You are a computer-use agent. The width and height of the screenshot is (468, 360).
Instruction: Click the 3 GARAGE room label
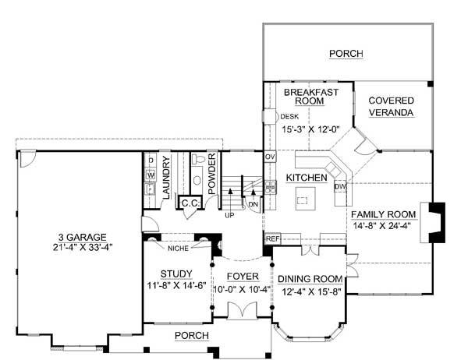click(x=83, y=237)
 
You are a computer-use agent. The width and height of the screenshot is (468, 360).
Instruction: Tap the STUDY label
click(x=176, y=274)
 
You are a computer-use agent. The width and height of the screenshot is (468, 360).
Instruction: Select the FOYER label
click(x=243, y=277)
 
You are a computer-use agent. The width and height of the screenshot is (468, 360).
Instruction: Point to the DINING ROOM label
click(x=310, y=279)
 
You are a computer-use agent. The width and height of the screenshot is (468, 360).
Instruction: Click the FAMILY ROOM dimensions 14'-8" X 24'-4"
click(x=382, y=226)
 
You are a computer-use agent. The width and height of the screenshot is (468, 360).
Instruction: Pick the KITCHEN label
click(x=307, y=178)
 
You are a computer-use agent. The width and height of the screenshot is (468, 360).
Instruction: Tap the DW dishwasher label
click(x=340, y=187)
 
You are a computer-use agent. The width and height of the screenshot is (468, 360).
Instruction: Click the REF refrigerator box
click(x=273, y=238)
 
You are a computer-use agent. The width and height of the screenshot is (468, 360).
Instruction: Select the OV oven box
click(x=270, y=157)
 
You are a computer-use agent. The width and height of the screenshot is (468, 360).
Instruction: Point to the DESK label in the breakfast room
click(x=289, y=117)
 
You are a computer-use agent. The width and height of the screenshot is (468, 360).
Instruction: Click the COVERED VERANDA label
click(x=391, y=107)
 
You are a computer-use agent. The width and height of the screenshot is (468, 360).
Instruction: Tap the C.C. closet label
click(x=190, y=203)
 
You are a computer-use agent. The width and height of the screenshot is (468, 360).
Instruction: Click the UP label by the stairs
click(x=229, y=215)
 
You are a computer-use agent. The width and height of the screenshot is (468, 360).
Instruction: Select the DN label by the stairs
click(x=253, y=205)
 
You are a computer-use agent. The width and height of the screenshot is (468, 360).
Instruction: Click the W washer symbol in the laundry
click(x=151, y=175)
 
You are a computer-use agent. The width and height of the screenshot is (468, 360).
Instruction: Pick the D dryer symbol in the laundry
click(x=151, y=161)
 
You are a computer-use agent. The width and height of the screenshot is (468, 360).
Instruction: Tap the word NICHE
click(x=178, y=248)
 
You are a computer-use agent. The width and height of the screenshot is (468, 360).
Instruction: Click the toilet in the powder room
click(x=197, y=159)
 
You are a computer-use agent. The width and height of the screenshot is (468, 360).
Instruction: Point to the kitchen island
click(x=305, y=199)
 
